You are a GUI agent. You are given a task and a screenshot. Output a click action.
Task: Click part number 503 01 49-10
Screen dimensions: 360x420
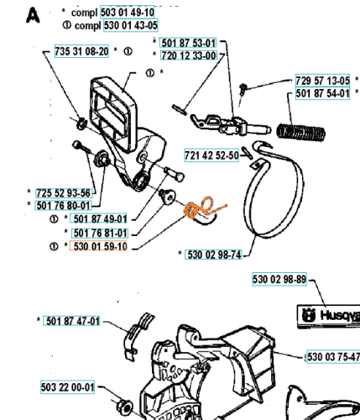click(x=127, y=12)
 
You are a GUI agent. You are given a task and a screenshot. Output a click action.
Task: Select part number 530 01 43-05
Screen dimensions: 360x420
click(x=131, y=25)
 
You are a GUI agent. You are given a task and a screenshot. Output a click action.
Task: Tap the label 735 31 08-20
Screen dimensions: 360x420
click(x=81, y=51)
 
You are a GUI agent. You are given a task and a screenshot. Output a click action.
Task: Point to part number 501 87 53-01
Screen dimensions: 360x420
click(x=189, y=43)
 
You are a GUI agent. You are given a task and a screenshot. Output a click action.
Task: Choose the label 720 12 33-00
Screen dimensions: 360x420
click(x=189, y=55)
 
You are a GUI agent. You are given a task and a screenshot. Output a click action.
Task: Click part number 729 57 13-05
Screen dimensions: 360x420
click(x=322, y=81)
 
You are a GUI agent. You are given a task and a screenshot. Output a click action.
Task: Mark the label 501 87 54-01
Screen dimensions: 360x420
click(x=322, y=93)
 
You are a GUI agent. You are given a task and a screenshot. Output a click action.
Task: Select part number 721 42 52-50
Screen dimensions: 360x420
click(x=211, y=155)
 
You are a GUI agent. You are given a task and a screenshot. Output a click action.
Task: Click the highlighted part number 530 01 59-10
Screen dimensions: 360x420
click(x=98, y=246)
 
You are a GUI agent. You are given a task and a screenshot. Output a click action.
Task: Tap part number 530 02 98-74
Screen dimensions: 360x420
click(x=213, y=255)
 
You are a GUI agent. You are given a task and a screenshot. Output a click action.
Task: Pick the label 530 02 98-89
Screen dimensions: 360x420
click(x=279, y=279)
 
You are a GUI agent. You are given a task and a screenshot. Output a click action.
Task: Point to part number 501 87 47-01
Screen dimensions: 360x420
click(x=71, y=321)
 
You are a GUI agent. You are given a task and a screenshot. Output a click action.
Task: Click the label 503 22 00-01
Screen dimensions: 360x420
click(x=67, y=387)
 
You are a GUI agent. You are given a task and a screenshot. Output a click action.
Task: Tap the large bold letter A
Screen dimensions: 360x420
click(x=33, y=15)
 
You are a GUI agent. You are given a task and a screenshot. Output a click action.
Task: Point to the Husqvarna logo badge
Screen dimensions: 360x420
click(x=328, y=316)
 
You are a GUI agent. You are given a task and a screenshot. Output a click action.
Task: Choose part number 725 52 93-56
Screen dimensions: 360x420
click(x=64, y=193)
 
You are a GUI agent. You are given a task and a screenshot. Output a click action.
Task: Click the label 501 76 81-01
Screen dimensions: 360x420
click(x=100, y=233)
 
